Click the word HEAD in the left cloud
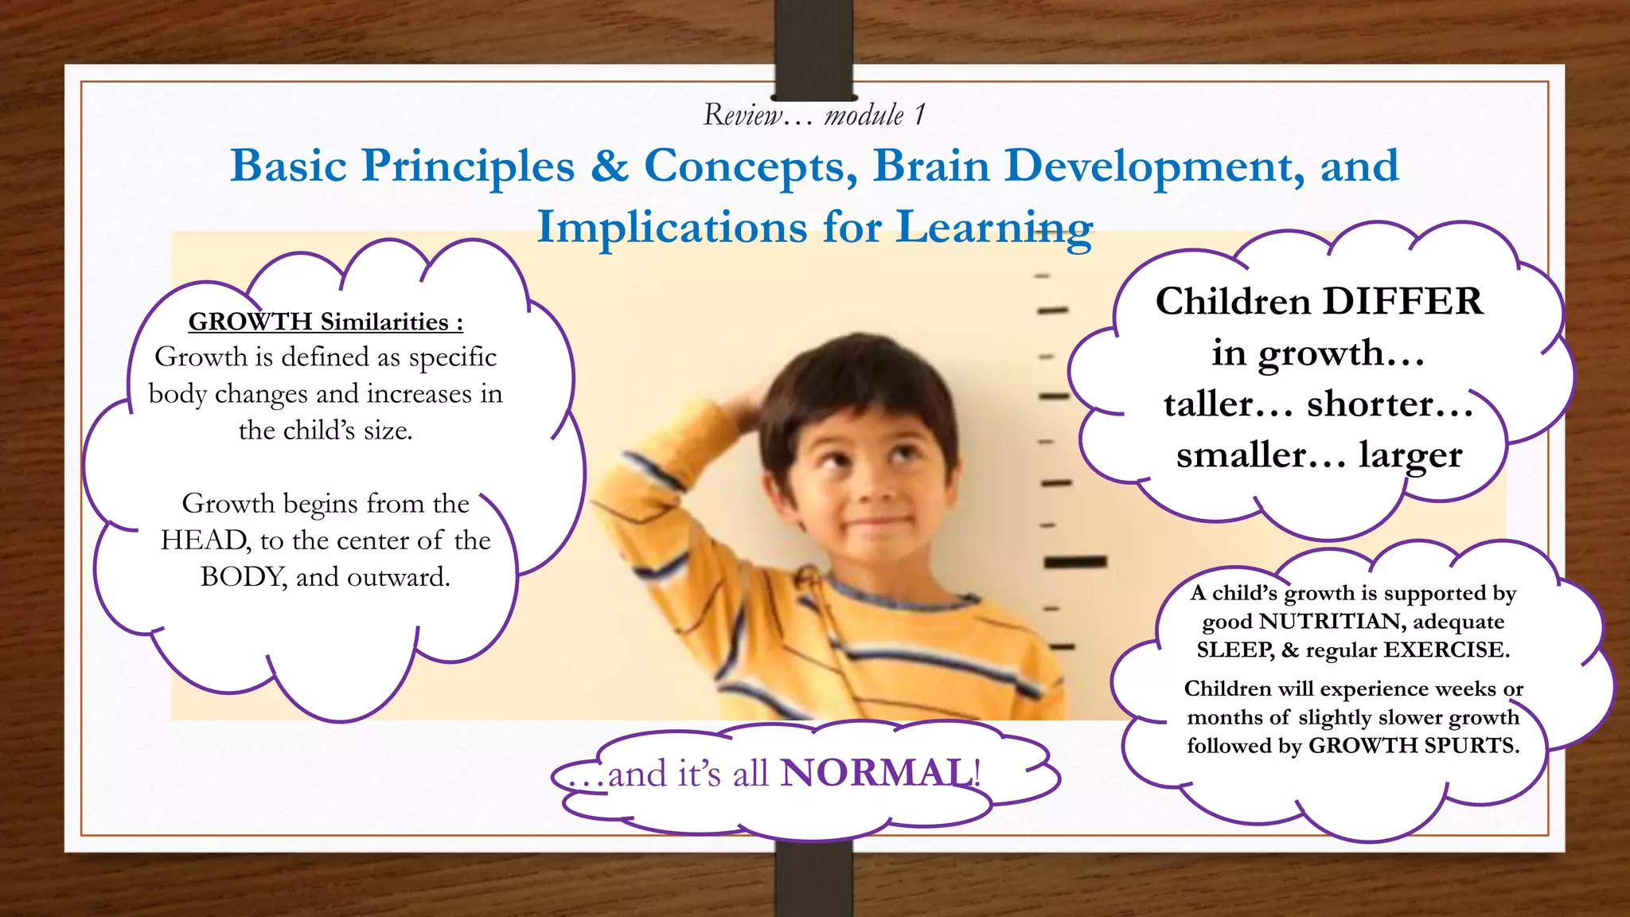[x=204, y=540]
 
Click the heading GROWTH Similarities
[x=325, y=322]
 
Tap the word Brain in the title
[x=931, y=166]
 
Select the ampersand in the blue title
[x=609, y=166]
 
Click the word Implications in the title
[x=672, y=227]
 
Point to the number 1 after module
[x=919, y=115]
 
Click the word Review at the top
[x=743, y=115]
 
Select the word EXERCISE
[x=1445, y=650]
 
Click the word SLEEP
[x=1235, y=650]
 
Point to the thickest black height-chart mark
[x=1075, y=562]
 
